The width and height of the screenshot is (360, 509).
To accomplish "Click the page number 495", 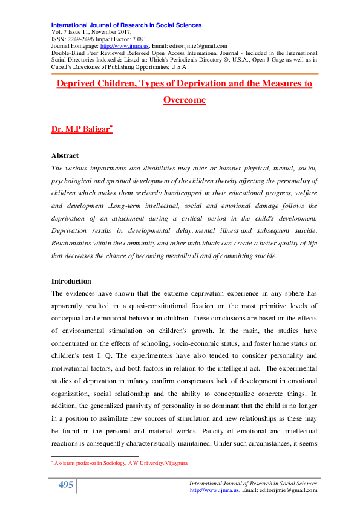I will (x=66, y=485).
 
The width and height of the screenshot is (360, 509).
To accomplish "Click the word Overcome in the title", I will (x=184, y=100).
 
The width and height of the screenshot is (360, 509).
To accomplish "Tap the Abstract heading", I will (x=65, y=155).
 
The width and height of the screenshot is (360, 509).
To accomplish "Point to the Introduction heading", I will (x=71, y=281).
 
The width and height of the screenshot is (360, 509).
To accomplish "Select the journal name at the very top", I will (x=126, y=25).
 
